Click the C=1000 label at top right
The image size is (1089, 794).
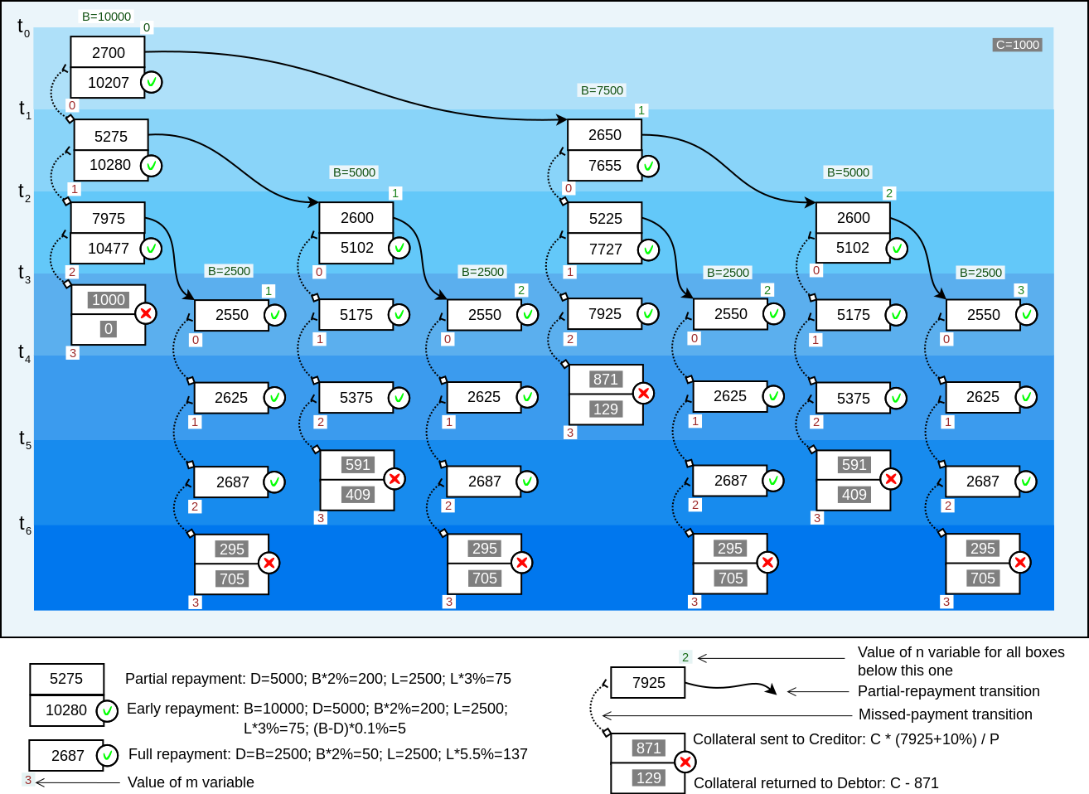1017,45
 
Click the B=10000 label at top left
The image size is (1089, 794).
106,17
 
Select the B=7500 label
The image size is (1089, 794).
602,90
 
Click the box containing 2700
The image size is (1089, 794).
108,52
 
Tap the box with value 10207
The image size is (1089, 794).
108,83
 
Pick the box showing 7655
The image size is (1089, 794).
604,166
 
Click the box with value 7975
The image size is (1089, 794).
108,218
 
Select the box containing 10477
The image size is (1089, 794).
108,248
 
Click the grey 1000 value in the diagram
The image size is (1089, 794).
108,300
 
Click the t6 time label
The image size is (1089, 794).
24,524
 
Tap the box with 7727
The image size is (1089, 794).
604,249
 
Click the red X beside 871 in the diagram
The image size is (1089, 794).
643,394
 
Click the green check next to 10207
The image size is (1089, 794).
152,83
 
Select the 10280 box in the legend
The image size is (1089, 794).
66,710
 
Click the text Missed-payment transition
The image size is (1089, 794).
945,714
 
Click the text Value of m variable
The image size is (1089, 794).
191,782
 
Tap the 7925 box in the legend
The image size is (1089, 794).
648,683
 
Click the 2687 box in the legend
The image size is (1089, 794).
66,755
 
